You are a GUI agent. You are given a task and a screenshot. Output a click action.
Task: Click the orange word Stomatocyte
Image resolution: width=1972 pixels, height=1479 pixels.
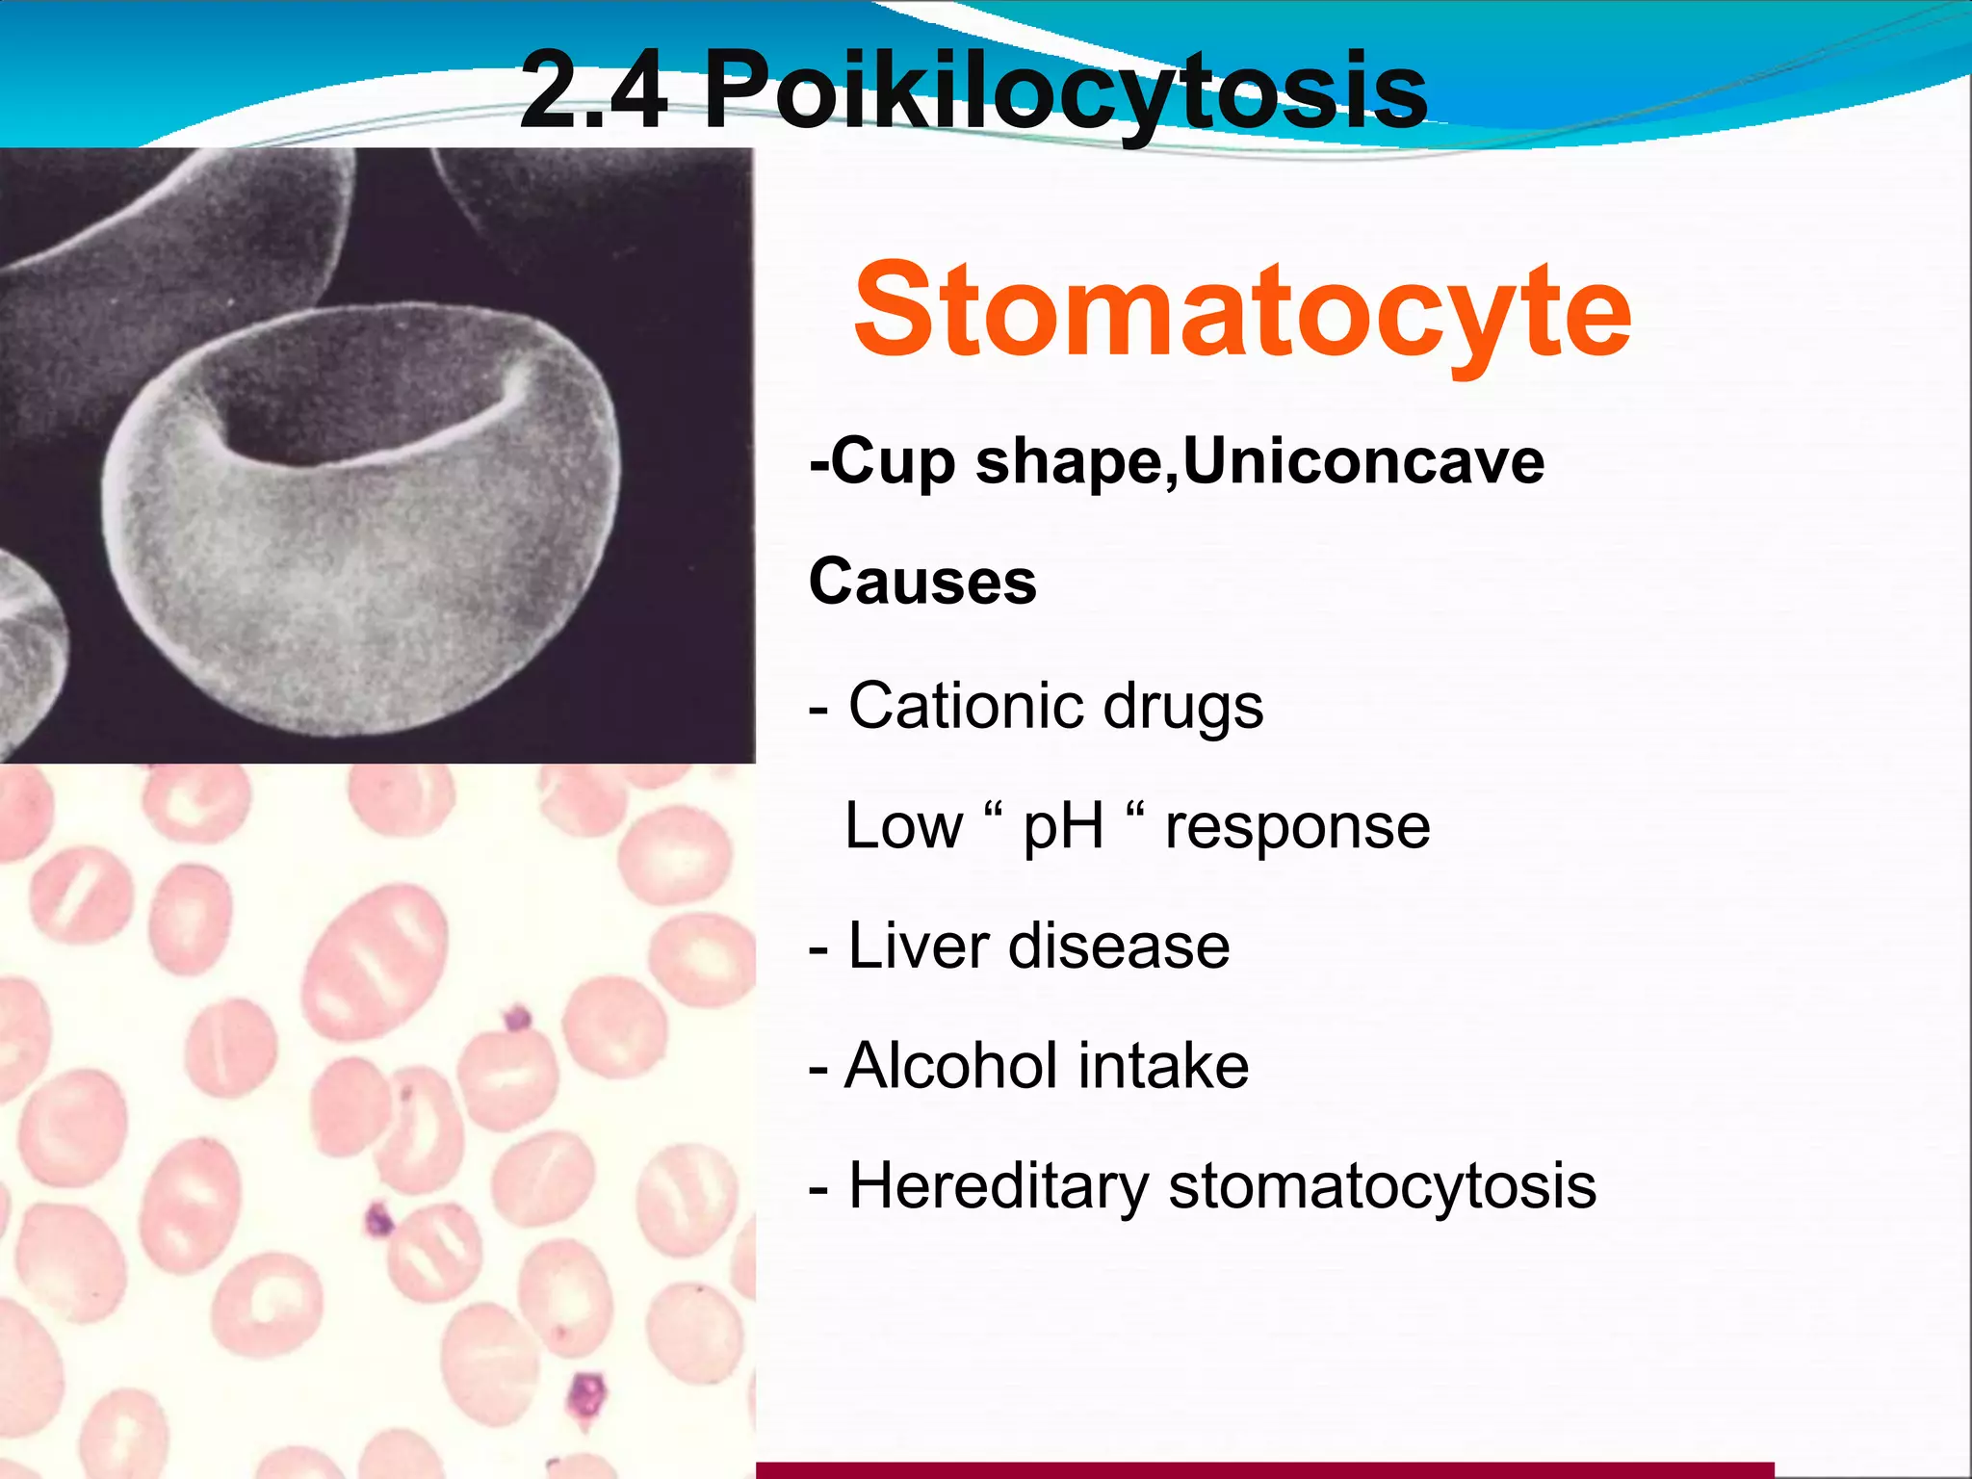pos(1242,311)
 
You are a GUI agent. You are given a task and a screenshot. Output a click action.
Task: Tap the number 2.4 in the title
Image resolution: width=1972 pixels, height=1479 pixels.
pos(593,91)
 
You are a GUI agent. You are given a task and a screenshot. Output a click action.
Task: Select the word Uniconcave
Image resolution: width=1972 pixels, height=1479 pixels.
pos(1362,462)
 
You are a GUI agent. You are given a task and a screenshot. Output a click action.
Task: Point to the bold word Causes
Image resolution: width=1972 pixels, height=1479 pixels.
pos(922,583)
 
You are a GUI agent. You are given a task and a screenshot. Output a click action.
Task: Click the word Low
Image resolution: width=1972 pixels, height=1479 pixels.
pos(903,826)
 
